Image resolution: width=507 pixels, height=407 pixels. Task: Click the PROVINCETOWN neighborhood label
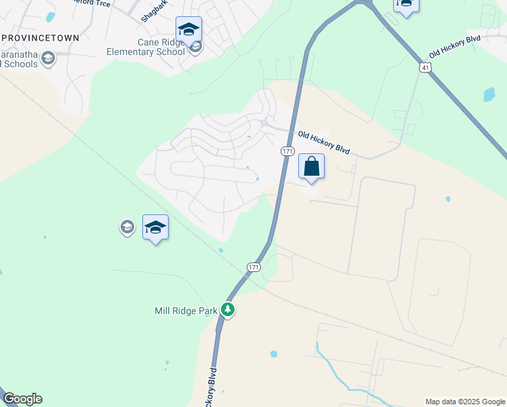40,38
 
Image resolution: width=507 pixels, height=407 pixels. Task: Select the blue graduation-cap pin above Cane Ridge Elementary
188,30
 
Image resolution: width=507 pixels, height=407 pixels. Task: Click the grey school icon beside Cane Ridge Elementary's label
196,47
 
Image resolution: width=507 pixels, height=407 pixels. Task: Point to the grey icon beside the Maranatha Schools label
47,58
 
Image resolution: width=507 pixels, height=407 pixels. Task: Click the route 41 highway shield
424,68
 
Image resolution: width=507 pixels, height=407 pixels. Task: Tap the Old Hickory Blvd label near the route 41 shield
454,46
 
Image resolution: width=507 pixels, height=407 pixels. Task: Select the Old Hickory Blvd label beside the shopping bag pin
324,142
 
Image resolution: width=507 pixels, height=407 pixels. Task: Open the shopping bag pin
311,167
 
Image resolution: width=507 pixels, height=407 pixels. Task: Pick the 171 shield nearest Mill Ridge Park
254,267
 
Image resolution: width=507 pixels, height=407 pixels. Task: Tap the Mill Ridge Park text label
185,311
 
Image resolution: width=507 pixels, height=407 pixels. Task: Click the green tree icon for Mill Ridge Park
228,311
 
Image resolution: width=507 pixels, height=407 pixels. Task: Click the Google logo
22,399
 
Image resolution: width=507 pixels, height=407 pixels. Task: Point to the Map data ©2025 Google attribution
464,402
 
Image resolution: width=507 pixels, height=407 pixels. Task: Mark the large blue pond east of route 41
489,94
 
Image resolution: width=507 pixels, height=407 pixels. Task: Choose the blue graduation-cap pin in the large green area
155,228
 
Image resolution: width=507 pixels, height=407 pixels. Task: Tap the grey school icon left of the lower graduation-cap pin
127,227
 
